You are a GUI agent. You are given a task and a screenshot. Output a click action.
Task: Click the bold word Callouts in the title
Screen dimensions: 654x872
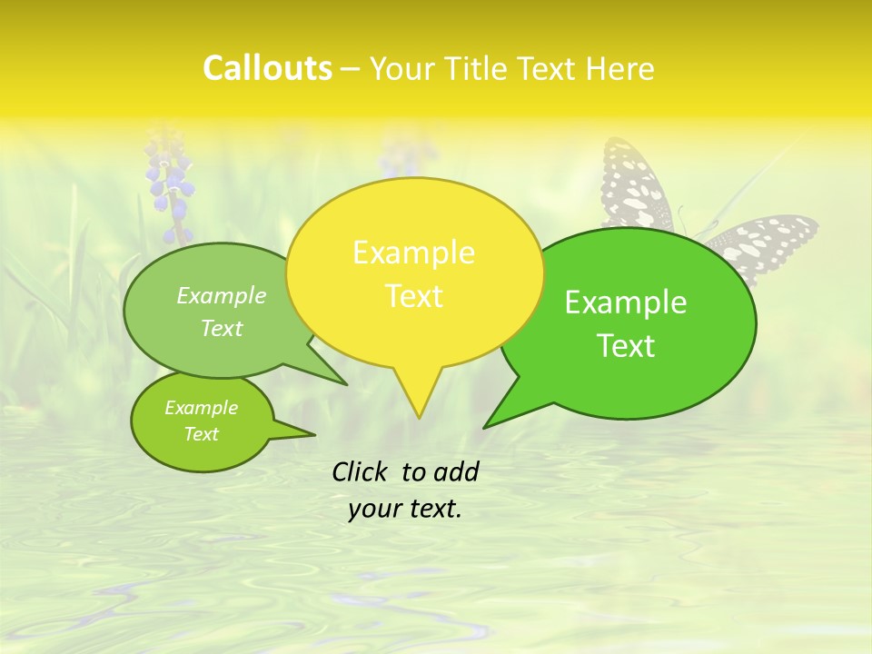[267, 68]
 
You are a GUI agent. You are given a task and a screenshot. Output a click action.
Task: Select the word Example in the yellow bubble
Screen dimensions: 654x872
[413, 253]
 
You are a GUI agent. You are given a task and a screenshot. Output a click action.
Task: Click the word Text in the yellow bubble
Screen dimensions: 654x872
[413, 296]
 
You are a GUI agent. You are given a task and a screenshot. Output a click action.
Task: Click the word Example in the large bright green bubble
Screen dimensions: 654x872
[626, 302]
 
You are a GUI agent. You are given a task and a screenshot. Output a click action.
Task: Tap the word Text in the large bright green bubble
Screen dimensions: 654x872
[626, 346]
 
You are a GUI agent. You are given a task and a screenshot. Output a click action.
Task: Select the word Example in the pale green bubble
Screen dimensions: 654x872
[222, 296]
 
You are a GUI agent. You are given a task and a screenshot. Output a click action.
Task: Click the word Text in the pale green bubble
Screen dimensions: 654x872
[222, 329]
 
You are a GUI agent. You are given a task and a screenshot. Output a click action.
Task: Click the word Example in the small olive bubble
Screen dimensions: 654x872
[201, 408]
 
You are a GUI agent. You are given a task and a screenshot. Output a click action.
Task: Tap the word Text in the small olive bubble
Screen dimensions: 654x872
[201, 434]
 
